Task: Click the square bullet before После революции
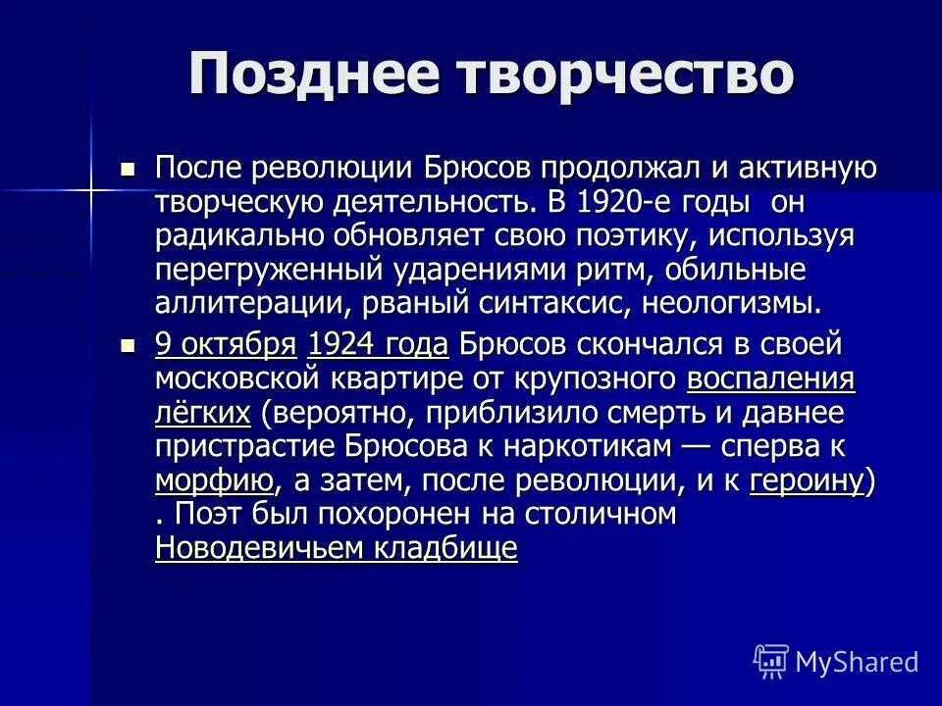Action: (127, 169)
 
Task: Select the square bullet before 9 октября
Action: (127, 345)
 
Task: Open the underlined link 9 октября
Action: (226, 344)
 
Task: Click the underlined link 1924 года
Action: (378, 344)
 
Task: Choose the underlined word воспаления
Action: (770, 378)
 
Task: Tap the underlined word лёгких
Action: (203, 413)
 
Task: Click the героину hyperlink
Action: (807, 480)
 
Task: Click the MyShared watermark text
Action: (857, 662)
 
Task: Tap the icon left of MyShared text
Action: (771, 662)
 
